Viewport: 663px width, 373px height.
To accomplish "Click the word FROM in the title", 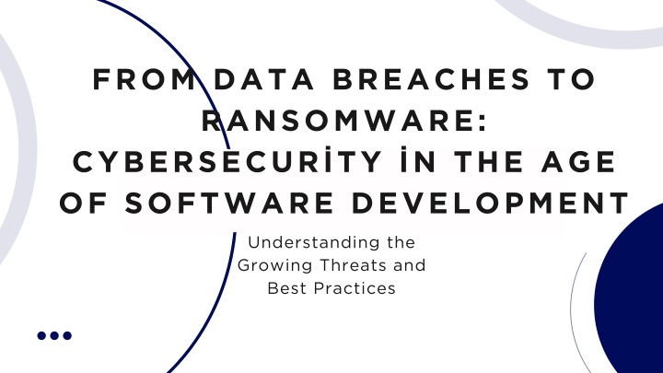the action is pos(144,79).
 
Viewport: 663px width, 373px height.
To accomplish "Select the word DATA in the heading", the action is pos(264,79).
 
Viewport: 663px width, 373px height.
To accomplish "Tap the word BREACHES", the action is pos(431,79).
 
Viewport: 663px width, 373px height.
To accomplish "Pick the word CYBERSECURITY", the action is pos(227,161).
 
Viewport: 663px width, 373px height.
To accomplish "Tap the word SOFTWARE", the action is pos(229,203).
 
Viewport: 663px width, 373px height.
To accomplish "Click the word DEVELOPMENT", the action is pos(491,203).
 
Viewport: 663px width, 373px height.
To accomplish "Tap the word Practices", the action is pos(355,288).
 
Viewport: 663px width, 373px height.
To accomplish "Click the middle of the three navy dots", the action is pos(54,335).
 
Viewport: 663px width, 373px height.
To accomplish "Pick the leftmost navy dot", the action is pos(41,335).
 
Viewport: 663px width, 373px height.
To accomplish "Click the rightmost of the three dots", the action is pos(67,335).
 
